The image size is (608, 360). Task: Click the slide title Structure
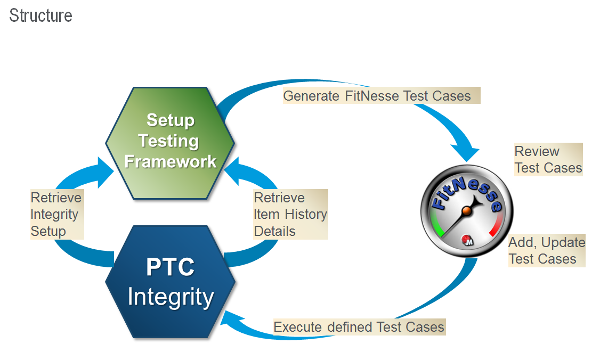(x=40, y=15)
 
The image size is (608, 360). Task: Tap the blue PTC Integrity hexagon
(x=170, y=282)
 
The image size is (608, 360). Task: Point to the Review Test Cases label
(x=548, y=159)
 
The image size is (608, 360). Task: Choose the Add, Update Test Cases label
(x=546, y=250)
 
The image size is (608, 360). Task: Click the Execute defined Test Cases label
(x=359, y=326)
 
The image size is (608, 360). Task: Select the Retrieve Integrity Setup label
(x=56, y=215)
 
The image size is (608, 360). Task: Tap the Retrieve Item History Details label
(x=290, y=215)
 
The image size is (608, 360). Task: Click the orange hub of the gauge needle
(x=466, y=211)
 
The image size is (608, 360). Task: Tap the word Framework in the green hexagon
(x=170, y=161)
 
